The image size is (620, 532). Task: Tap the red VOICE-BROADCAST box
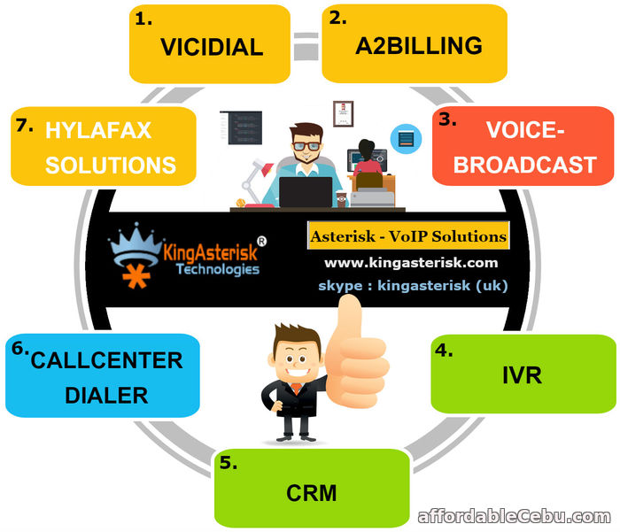[x=523, y=146]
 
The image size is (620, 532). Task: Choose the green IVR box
[x=523, y=374]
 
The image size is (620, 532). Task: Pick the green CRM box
[x=312, y=490]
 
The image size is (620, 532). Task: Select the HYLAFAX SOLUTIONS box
[x=103, y=146]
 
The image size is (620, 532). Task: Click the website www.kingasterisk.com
[x=410, y=263]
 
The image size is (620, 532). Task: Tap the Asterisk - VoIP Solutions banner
[x=409, y=236]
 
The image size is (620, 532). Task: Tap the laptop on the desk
[x=306, y=191]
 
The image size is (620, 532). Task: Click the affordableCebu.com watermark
[x=514, y=516]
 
